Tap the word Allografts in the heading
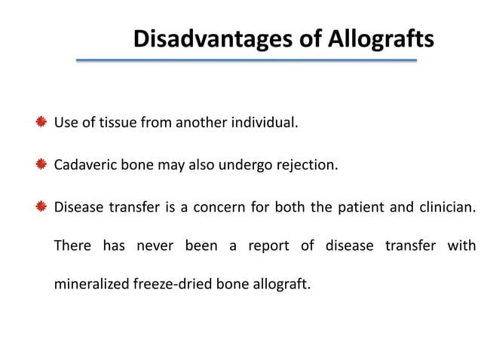381,38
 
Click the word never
155,246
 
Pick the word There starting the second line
72,246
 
